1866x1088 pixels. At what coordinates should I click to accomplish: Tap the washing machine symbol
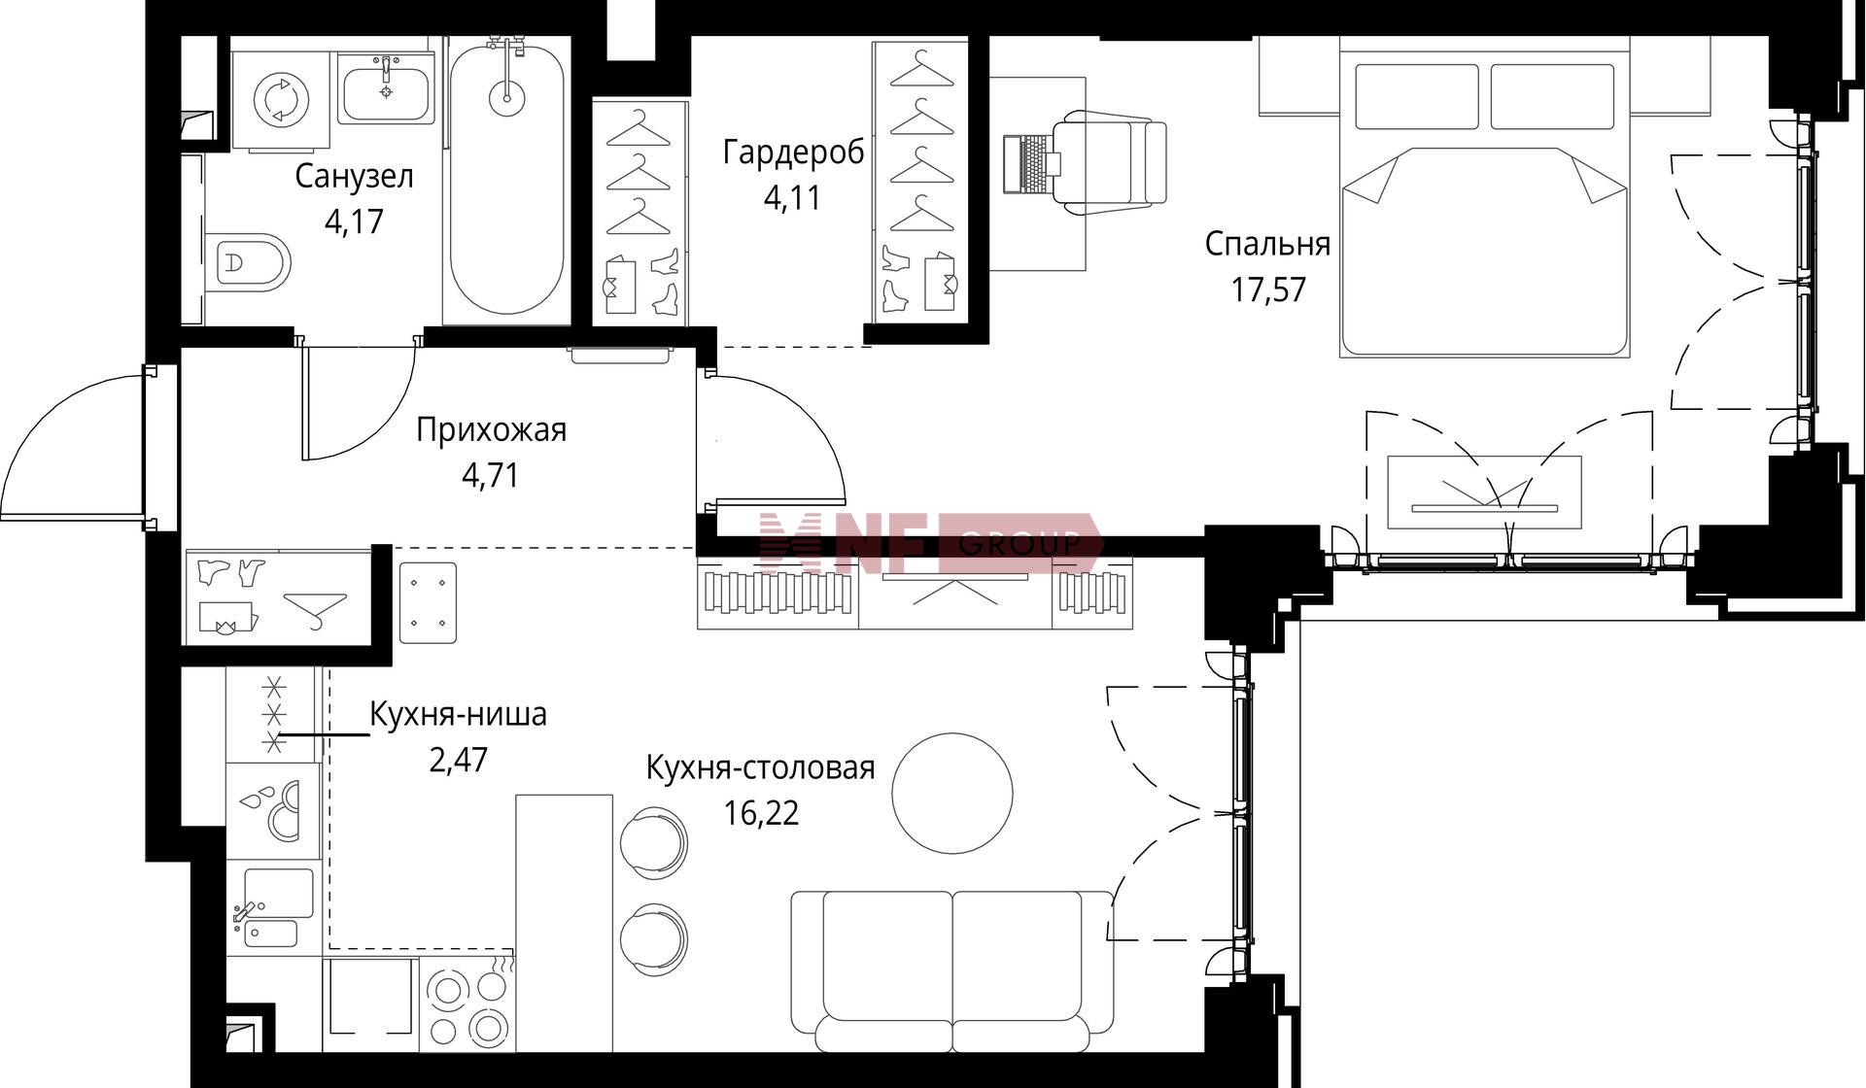coord(281,99)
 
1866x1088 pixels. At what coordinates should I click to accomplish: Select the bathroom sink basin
coord(386,89)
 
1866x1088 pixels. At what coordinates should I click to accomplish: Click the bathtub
coord(505,180)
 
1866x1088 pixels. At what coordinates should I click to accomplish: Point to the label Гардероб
coord(793,153)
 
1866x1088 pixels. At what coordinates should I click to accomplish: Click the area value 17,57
coord(1268,289)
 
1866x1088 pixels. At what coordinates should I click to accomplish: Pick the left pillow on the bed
coord(1417,96)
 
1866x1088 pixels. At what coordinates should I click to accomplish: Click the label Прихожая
coord(491,429)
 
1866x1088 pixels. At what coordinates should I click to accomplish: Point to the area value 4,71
coord(491,475)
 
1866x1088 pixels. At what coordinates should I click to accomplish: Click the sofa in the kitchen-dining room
coord(952,971)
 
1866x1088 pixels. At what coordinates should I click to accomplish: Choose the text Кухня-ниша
coord(459,714)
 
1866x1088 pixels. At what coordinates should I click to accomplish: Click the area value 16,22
coord(761,812)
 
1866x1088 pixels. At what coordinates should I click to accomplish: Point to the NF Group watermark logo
coord(930,542)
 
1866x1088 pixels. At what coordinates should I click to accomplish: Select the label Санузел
coord(355,177)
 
